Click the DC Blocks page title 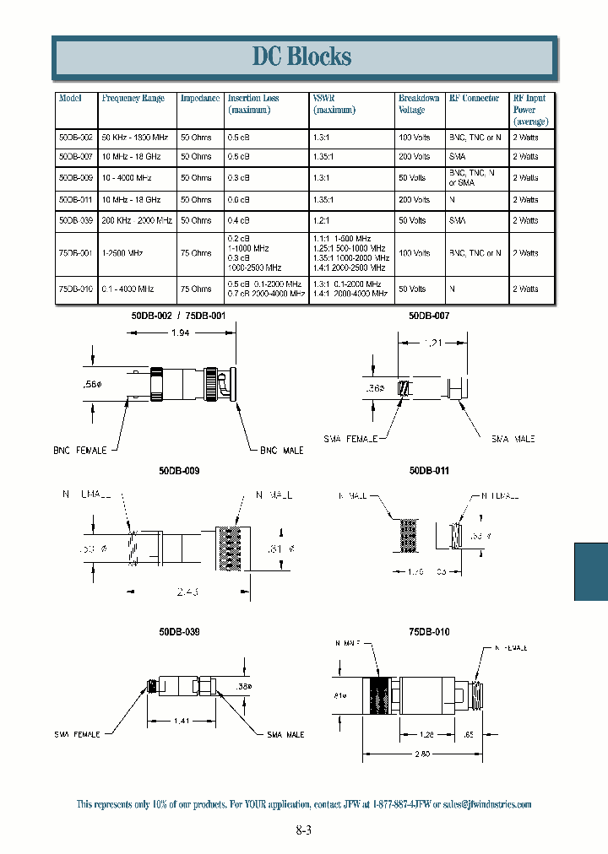[301, 57]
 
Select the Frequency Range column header [133, 99]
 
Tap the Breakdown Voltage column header [419, 104]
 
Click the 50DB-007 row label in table [76, 157]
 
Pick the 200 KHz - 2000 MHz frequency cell [137, 220]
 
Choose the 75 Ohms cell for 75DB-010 [196, 289]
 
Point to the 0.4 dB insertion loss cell [238, 220]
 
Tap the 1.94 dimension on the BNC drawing [181, 334]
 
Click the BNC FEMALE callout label [80, 451]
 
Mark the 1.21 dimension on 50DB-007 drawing [433, 343]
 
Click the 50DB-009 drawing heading [179, 471]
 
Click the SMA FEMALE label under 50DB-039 [76, 734]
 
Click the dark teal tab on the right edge [591, 571]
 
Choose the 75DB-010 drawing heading [429, 631]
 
